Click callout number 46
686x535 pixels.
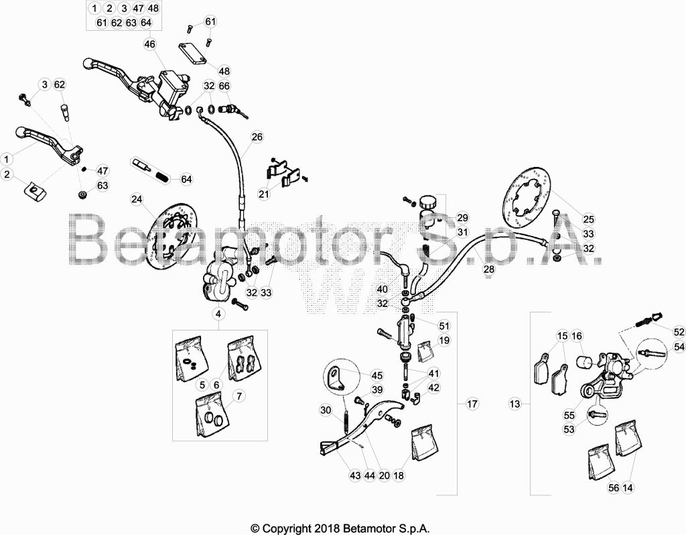click(x=149, y=44)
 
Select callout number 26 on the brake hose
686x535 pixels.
click(x=257, y=137)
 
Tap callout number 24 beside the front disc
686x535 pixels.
click(x=137, y=200)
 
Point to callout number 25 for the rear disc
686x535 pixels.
click(x=588, y=219)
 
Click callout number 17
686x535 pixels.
click(x=472, y=404)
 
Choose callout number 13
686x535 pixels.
click(x=515, y=404)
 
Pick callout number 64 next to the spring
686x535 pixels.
click(x=186, y=179)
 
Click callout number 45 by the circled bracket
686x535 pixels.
click(x=376, y=375)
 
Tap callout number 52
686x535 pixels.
click(x=679, y=333)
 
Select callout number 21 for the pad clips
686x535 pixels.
click(x=264, y=194)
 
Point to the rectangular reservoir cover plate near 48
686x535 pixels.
click(x=192, y=54)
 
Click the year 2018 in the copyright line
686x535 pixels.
click(x=324, y=528)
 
